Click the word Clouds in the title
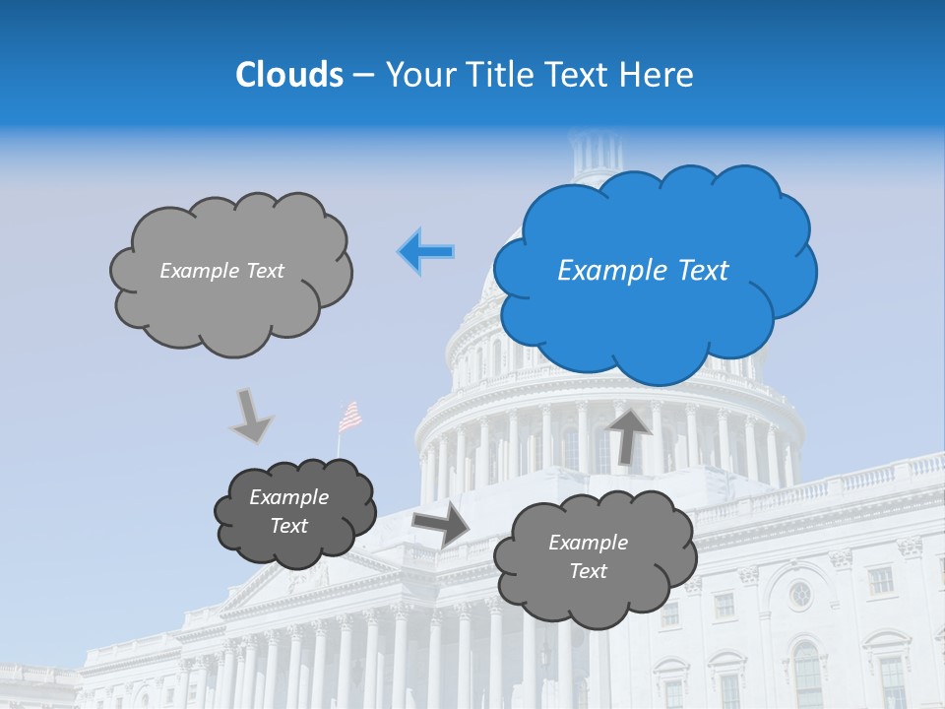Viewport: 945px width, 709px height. pyautogui.click(x=288, y=75)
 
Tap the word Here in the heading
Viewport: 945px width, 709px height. pyautogui.click(x=659, y=75)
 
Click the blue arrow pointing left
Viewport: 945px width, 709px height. pyautogui.click(x=426, y=252)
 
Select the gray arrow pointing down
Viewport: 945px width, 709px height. pyautogui.click(x=251, y=416)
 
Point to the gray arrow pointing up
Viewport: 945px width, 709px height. pyautogui.click(x=628, y=434)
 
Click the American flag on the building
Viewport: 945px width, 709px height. pyautogui.click(x=349, y=417)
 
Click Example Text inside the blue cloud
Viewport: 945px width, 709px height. pyautogui.click(x=643, y=271)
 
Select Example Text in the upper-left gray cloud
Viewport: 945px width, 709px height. pyautogui.click(x=221, y=271)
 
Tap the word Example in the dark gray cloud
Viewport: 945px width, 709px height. pyautogui.click(x=288, y=497)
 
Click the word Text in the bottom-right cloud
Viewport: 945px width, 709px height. pyautogui.click(x=588, y=571)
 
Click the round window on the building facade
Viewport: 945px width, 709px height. pyautogui.click(x=800, y=594)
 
